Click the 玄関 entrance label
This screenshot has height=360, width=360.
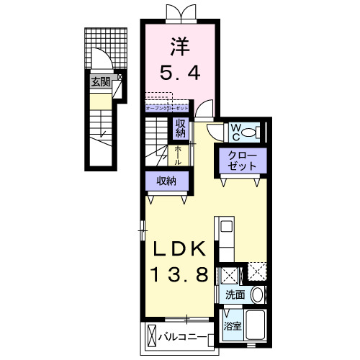coord(100,82)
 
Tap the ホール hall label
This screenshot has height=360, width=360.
coord(179,153)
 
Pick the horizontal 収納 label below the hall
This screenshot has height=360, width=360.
coord(168,181)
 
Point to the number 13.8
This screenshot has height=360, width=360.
coord(180,274)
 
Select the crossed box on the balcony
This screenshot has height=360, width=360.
coord(151,336)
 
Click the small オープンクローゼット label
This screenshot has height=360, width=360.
coord(166,107)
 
